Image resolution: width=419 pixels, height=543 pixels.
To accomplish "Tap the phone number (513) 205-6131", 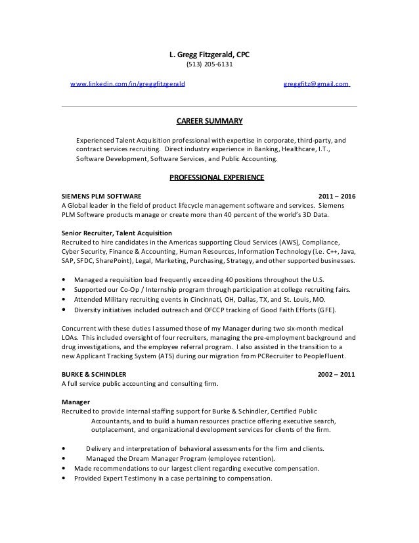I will (x=209, y=64).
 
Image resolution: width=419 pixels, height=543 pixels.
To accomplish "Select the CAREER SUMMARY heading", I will (x=209, y=121).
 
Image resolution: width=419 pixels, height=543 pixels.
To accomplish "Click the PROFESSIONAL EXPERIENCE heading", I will (x=217, y=177).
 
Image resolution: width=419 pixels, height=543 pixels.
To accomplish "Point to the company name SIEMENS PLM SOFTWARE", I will (x=100, y=196).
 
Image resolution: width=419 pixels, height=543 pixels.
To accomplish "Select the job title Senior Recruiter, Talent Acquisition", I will (x=116, y=233).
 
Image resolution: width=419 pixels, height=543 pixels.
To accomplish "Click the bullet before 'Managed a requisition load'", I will (x=63, y=278).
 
